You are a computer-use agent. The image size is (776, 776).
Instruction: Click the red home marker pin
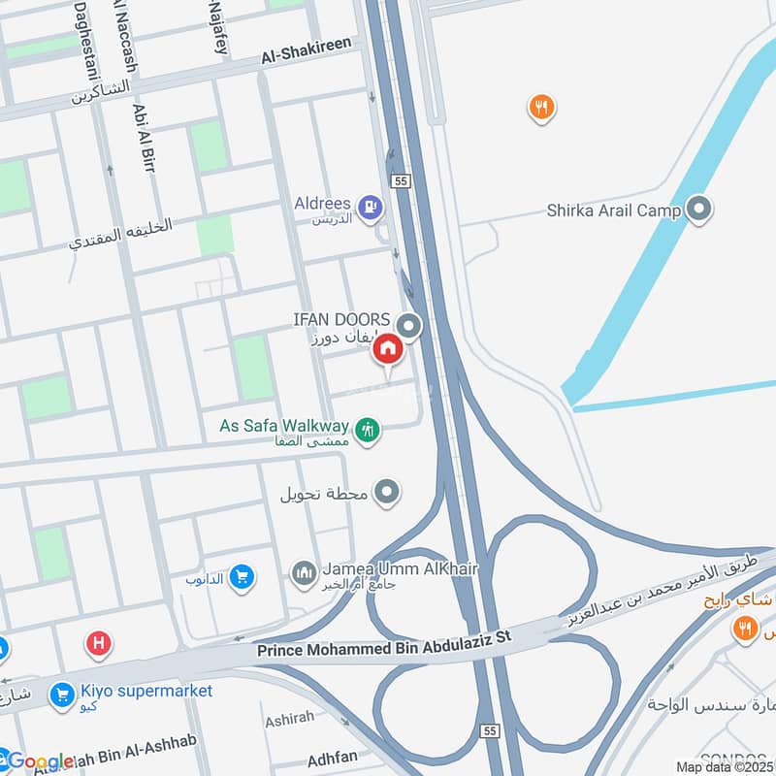pyautogui.click(x=387, y=349)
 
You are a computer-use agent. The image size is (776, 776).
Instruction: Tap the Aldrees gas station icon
pyautogui.click(x=369, y=206)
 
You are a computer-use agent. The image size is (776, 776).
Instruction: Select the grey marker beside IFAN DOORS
pyautogui.click(x=410, y=327)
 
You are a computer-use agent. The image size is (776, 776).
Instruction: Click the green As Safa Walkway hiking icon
pyautogui.click(x=367, y=428)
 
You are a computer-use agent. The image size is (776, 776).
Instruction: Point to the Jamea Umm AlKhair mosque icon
pyautogui.click(x=305, y=573)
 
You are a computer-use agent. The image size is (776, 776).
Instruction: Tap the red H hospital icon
pyautogui.click(x=97, y=642)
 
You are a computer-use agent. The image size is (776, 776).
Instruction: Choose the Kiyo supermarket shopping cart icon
pyautogui.click(x=63, y=695)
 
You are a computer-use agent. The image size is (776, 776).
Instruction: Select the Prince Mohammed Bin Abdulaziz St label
pyautogui.click(x=397, y=647)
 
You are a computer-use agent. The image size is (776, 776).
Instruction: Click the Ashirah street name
pyautogui.click(x=289, y=722)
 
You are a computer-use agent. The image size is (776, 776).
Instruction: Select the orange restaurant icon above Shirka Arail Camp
pyautogui.click(x=541, y=108)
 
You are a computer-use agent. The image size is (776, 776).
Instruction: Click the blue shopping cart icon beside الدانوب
pyautogui.click(x=242, y=579)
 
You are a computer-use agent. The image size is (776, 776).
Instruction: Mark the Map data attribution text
pyautogui.click(x=724, y=766)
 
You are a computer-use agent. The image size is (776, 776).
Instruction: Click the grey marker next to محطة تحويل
pyautogui.click(x=387, y=493)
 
